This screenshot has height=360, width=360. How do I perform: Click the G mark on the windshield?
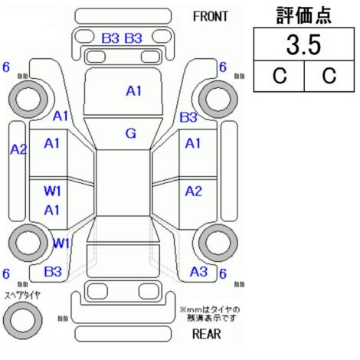tap(131, 133)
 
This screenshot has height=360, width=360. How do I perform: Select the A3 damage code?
tap(198, 272)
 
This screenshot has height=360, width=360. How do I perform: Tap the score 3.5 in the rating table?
tap(303, 44)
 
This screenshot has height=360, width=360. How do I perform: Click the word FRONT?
tap(210, 17)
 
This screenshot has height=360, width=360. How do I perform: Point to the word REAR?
tap(206, 334)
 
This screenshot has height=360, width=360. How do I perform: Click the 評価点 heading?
tap(304, 15)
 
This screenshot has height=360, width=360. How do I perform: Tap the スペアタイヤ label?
tap(22, 296)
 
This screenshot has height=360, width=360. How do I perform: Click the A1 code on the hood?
tap(133, 91)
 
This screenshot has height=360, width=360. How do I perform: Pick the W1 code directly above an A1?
tap(52, 191)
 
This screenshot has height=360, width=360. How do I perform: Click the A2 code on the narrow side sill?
tap(18, 149)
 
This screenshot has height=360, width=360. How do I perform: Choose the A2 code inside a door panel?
tap(194, 191)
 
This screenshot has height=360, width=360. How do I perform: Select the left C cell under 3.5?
tap(280, 76)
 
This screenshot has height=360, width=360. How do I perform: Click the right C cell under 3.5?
tap(329, 76)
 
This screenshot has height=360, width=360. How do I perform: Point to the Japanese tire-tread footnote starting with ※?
tap(210, 314)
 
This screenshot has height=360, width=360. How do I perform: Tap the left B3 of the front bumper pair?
tap(110, 38)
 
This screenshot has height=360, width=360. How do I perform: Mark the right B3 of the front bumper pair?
tap(133, 38)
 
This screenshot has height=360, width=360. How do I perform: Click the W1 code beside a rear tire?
tap(61, 243)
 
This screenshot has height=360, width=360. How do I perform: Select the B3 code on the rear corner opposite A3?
tap(53, 272)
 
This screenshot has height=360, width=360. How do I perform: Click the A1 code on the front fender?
tap(61, 116)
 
